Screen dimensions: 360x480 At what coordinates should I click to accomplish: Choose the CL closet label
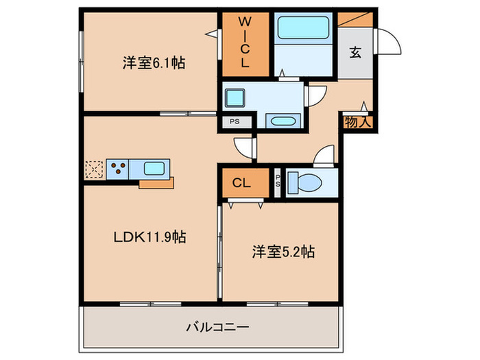[x=241, y=183]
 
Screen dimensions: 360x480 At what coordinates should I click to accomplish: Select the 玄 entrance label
[x=355, y=52]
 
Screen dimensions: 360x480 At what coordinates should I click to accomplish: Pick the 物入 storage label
[x=357, y=123]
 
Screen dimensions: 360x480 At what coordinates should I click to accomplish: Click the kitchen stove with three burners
[x=116, y=169]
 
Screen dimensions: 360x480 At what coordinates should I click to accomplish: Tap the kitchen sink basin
[x=154, y=168]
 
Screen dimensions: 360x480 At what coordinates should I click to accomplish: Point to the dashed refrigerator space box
[x=93, y=169]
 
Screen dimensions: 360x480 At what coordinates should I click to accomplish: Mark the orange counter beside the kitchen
[x=157, y=183]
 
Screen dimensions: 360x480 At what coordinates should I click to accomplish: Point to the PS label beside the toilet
[x=278, y=183]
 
